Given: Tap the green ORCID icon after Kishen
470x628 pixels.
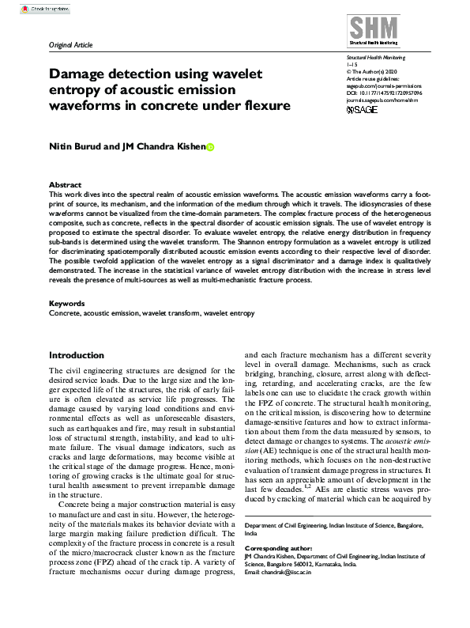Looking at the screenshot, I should click(210, 147).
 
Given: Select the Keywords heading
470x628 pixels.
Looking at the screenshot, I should click(66, 303).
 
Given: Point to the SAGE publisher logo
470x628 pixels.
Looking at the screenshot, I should click(363, 109).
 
